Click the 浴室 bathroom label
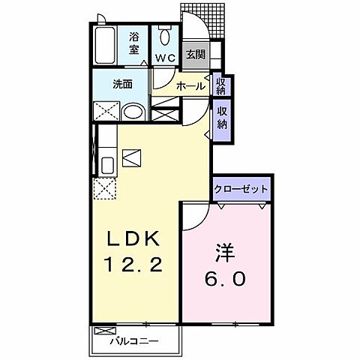coord(134,43)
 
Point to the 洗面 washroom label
coord(124,84)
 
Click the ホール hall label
coord(190,87)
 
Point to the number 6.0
coord(223,279)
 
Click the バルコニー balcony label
coord(133,341)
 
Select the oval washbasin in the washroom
coord(133,112)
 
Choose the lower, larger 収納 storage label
coord(223,118)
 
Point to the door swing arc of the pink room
coord(191,215)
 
